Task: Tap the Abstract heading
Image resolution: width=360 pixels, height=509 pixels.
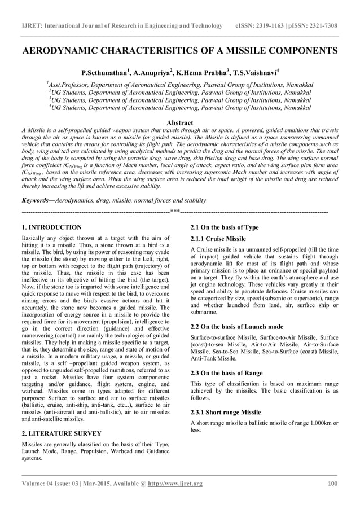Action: pyautogui.click(x=180, y=122)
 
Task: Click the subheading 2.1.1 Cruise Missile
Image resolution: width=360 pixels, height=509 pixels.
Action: pyautogui.click(x=218, y=239)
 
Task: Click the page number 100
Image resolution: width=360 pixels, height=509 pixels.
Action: pyautogui.click(x=332, y=484)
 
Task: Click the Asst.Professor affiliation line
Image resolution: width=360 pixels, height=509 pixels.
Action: pyautogui.click(x=180, y=85)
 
